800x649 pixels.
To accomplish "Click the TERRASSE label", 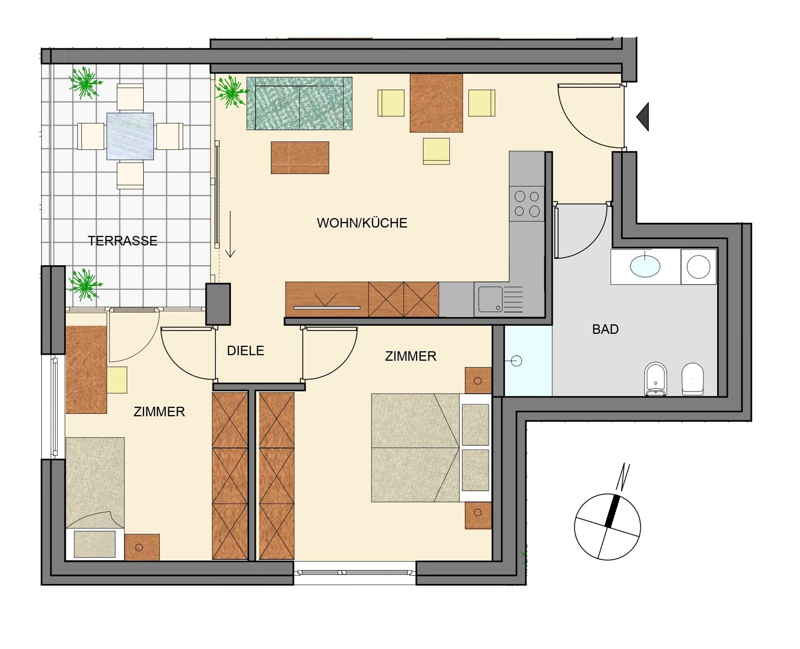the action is [122, 241].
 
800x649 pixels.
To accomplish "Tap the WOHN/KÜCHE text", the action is [362, 223].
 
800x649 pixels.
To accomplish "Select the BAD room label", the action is [605, 329].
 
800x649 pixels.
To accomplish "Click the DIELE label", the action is [246, 351].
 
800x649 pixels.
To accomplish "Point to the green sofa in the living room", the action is [300, 104].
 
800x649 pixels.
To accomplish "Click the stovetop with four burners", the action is [527, 204].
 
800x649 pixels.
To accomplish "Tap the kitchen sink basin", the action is [490, 299].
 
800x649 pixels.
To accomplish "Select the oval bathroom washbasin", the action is [645, 266].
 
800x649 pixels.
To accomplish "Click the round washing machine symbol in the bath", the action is [698, 267].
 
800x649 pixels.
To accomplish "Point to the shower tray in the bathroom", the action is [528, 361].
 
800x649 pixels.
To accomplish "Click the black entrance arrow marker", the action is [643, 117].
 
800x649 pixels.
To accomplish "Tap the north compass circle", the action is [607, 527].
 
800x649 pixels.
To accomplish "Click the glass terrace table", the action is [130, 136].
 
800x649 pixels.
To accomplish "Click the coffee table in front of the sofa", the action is [300, 158].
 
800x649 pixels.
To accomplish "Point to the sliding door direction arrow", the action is [230, 234].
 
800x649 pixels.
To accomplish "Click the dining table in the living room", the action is [436, 103].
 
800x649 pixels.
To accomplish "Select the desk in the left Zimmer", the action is [86, 369].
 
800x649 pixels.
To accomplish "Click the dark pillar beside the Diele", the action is [218, 304].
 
